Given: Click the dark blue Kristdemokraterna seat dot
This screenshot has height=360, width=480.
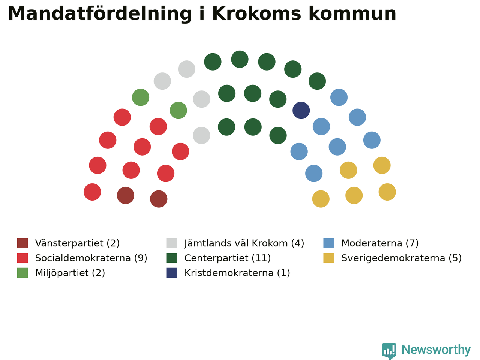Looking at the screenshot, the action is pos(301,110).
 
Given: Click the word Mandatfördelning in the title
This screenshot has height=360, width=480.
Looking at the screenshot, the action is pos(100,14).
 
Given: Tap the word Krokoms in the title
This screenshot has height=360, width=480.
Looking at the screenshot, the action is pos(257,13).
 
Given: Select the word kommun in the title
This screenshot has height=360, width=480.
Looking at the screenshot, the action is pos(352,13).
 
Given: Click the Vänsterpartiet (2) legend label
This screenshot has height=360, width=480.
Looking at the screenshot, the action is pos(77,243).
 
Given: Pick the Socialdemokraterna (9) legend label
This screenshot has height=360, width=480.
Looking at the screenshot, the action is pos(91,258).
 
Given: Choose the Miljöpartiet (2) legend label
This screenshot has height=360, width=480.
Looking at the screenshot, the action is pos(70,273).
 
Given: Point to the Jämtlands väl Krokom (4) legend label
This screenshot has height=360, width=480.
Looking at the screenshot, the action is pos(244,243).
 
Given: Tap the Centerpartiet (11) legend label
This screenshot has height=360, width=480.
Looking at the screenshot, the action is pos(227,258).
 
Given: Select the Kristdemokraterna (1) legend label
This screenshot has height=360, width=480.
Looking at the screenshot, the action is pos(237,273).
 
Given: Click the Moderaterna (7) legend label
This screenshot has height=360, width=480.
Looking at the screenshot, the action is pos(380,243).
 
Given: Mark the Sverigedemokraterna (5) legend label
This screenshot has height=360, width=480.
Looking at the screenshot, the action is pos(401,258).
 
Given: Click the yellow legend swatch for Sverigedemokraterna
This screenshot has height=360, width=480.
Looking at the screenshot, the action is pos(328,258).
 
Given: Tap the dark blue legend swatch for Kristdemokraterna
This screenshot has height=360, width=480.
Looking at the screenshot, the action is pos(172,273).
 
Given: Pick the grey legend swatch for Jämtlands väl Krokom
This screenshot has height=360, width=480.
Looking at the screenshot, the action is pos(172,243).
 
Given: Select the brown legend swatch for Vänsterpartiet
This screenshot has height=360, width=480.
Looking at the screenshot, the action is pos(22,243).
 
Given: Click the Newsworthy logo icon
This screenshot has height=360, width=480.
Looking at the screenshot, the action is pos(389,351).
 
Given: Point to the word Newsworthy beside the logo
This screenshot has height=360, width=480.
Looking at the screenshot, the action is pos(436,350).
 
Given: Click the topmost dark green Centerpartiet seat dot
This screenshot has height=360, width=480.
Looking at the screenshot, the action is pos(240,59).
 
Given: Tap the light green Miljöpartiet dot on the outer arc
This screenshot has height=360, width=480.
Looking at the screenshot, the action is pos(141,97).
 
